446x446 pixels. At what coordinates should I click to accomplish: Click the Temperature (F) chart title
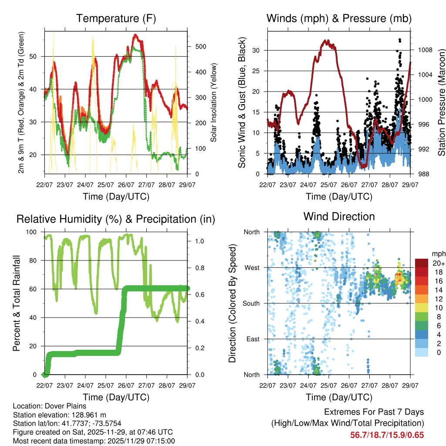point(116,19)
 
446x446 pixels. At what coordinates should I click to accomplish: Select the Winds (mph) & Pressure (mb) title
point(339,19)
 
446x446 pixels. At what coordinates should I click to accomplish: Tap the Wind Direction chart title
point(339,216)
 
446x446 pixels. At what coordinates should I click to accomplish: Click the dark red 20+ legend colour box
point(422,263)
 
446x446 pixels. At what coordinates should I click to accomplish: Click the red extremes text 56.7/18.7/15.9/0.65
point(387,435)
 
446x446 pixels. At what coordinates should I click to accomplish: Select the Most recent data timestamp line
point(94,441)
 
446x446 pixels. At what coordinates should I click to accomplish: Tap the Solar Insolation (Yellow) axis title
point(213,103)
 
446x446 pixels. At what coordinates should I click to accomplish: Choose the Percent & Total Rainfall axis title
point(16,303)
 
